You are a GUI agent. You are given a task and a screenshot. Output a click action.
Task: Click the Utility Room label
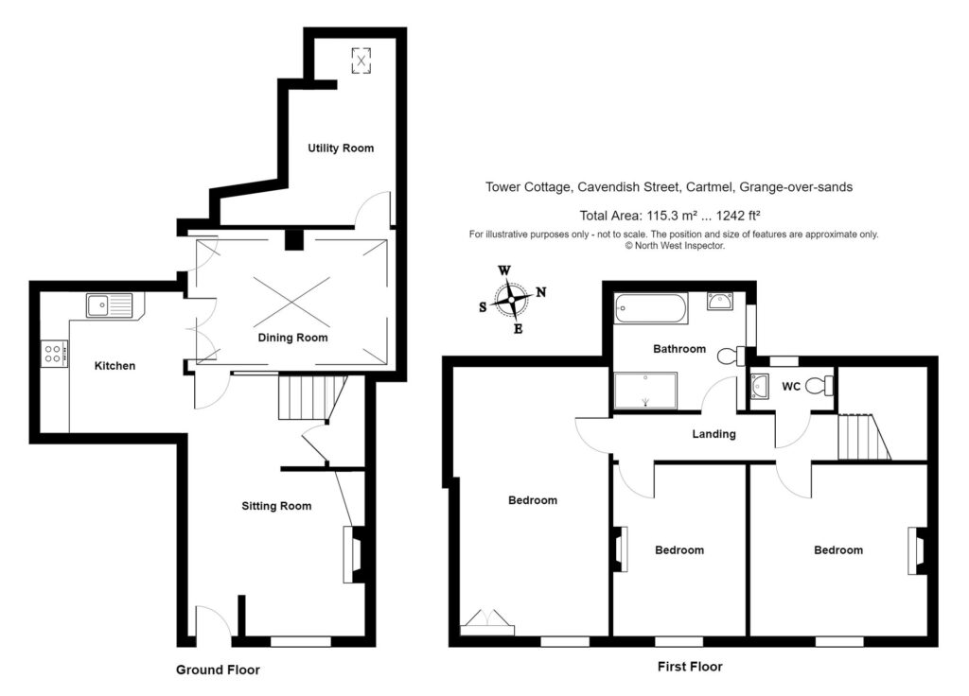(341, 148)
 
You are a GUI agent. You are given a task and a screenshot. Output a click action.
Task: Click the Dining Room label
(293, 338)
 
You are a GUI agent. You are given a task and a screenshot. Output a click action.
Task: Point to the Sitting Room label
(275, 506)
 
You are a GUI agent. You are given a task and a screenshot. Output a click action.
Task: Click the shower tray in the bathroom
(646, 391)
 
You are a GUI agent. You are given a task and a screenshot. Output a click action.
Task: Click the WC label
(792, 387)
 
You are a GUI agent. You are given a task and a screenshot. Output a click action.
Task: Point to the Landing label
(714, 434)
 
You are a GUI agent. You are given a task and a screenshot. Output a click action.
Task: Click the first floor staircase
(861, 438)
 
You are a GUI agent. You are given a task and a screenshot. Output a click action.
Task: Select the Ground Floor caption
(218, 670)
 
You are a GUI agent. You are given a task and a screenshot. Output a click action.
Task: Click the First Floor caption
(690, 666)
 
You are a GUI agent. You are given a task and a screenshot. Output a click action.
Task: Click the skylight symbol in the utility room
(361, 61)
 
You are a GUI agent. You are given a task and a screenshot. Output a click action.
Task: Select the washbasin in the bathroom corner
(722, 303)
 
